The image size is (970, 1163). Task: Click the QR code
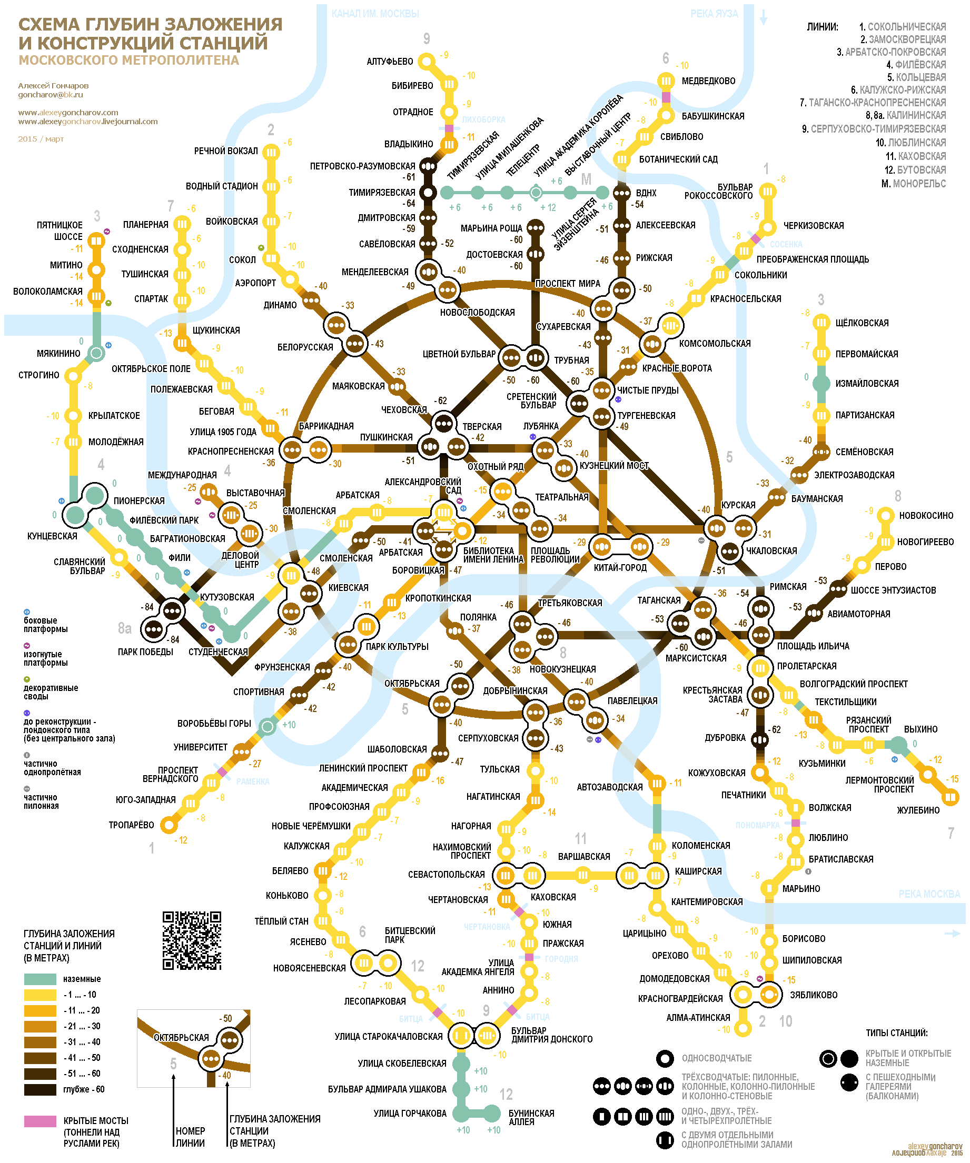coord(192,940)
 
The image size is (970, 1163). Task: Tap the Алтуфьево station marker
coord(427,61)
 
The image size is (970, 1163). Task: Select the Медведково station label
coord(708,81)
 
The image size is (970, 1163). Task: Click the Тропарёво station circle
coord(169,825)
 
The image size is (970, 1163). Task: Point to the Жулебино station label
coord(918,810)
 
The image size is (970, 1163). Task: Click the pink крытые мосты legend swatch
coord(40,1121)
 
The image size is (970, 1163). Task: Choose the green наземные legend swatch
coord(40,979)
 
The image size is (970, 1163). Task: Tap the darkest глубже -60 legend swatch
coord(40,1089)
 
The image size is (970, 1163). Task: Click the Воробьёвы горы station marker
coord(268,726)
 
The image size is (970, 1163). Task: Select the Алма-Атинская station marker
coord(743,1028)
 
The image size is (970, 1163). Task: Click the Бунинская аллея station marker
coord(492,1112)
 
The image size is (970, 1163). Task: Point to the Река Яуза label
coord(714,13)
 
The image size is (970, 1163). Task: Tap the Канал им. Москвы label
coord(375,13)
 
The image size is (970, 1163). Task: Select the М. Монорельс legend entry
coord(914,184)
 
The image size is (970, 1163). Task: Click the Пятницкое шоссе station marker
coord(96,241)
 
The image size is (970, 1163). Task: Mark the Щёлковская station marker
coord(821,322)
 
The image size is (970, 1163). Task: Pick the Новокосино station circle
coord(885,515)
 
